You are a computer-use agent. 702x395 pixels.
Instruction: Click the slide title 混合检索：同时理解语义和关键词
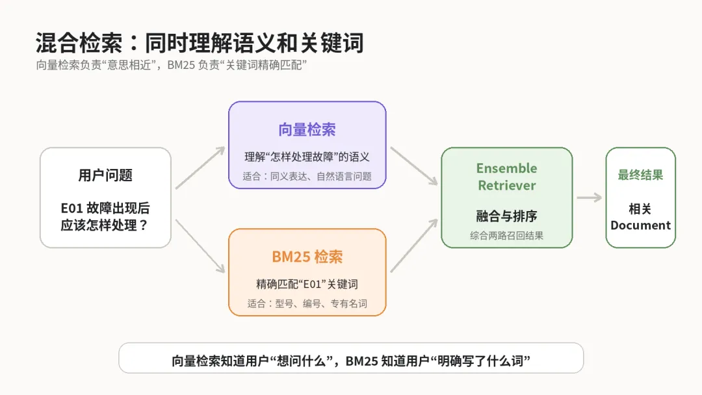click(200, 43)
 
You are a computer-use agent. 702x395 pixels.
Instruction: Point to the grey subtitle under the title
click(172, 66)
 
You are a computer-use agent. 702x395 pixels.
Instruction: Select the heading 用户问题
click(105, 175)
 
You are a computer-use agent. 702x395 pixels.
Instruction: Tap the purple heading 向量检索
click(307, 130)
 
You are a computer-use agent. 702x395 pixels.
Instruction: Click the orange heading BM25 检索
click(307, 257)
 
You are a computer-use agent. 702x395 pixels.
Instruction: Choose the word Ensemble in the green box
click(507, 168)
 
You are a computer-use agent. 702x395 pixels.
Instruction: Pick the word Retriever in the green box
click(507, 185)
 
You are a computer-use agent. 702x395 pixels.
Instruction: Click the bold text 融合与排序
click(507, 216)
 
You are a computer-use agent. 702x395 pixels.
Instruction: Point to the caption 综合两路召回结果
click(507, 236)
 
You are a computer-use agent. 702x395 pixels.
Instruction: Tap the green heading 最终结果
click(641, 175)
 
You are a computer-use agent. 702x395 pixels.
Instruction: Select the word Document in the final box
click(641, 225)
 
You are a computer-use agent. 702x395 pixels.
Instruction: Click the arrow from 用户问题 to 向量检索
click(200, 168)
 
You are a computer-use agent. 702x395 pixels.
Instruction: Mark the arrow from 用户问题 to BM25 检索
click(200, 246)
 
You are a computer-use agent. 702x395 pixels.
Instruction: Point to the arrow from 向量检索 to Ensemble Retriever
click(414, 166)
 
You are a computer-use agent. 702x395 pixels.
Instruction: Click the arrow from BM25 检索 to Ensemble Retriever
click(414, 245)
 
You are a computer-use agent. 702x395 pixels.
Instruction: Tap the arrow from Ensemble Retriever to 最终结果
click(589, 197)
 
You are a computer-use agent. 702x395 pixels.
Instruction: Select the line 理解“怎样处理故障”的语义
click(307, 157)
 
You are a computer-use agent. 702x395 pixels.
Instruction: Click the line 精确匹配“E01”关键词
click(307, 284)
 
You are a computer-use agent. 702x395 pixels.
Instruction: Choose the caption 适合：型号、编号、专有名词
click(307, 304)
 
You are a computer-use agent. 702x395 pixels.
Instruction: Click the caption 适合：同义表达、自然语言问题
click(307, 176)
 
